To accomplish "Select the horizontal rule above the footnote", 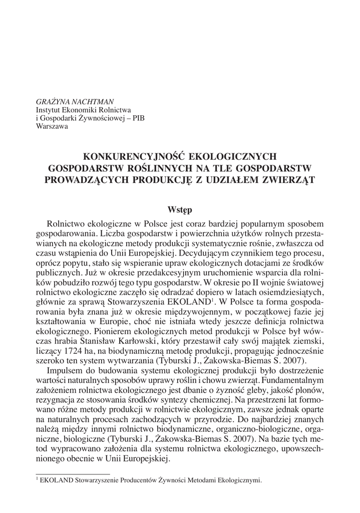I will click(x=73, y=472).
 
